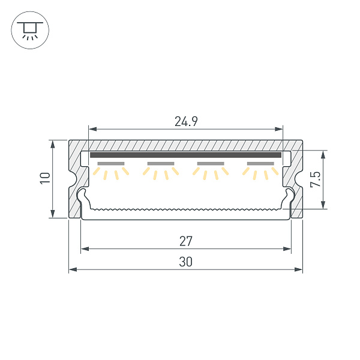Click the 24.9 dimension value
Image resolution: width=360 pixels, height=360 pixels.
pyautogui.click(x=186, y=122)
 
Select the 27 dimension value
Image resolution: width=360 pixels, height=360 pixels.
pyautogui.click(x=186, y=241)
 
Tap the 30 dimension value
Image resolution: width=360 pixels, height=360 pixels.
pyautogui.click(x=186, y=262)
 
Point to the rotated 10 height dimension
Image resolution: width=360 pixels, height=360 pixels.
pyautogui.click(x=44, y=178)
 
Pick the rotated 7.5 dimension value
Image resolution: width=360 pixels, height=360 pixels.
pyautogui.click(x=316, y=179)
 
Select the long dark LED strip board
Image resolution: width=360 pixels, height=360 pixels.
pyautogui.click(x=186, y=155)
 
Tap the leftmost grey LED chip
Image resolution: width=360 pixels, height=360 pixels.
pyautogui.click(x=110, y=163)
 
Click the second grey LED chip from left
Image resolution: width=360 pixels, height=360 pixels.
pyautogui.click(x=160, y=163)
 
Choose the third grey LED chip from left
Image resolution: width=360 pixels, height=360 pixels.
pyautogui.click(x=211, y=163)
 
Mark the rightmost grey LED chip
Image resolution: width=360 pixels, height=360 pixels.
pyautogui.click(x=260, y=163)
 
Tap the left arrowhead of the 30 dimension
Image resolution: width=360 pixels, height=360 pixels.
pyautogui.click(x=72, y=270)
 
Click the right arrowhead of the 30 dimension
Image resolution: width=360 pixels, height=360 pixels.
pyautogui.click(x=299, y=270)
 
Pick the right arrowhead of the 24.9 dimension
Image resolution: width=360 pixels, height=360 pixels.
pyautogui.click(x=279, y=129)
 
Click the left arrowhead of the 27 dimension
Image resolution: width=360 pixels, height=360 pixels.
pyautogui.click(x=84, y=248)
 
